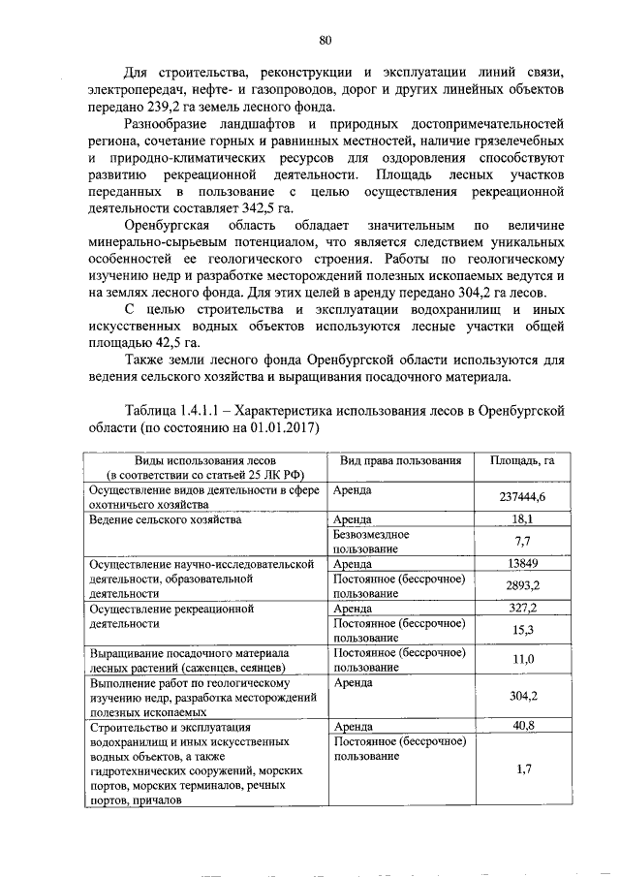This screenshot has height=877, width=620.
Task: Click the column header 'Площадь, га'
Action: pyautogui.click(x=522, y=460)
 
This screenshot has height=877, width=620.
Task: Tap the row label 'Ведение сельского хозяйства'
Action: pyautogui.click(x=164, y=519)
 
